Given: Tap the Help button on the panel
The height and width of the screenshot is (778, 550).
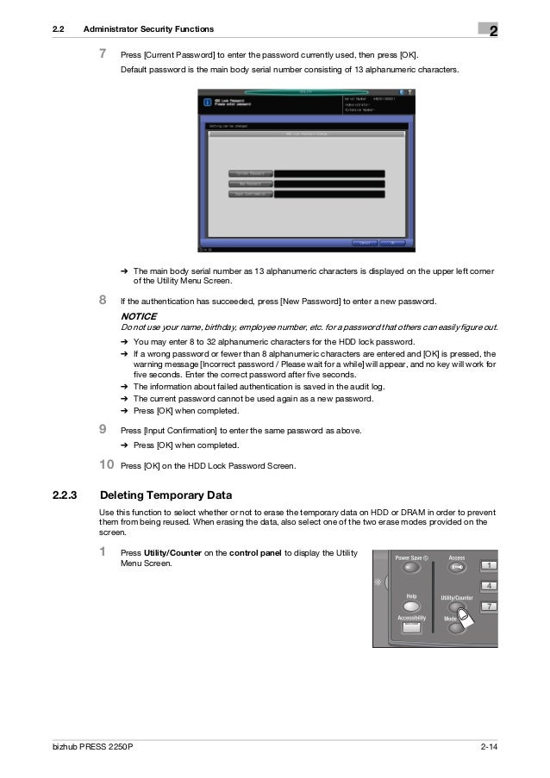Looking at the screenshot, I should point(411,606).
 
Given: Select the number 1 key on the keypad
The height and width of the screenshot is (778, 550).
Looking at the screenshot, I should point(489,565).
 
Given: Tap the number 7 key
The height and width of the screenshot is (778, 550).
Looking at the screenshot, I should point(489,607).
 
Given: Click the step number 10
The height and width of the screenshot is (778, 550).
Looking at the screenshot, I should point(105,465).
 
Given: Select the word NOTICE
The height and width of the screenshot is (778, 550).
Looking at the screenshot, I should point(139,316).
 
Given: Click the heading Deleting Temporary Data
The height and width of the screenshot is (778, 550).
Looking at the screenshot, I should point(166,495).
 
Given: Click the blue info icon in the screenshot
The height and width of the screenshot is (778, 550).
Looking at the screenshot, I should point(207,102).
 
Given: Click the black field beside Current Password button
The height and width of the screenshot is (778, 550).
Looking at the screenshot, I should point(329,173).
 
